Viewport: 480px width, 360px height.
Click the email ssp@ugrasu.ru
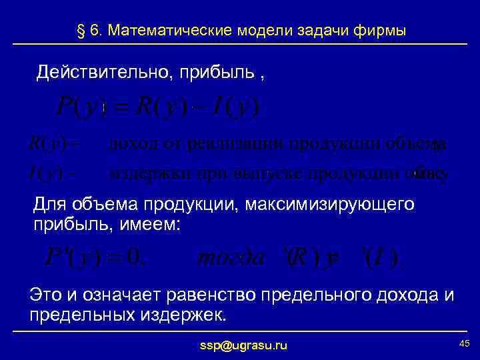pos(243,345)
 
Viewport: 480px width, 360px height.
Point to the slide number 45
pos(465,343)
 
